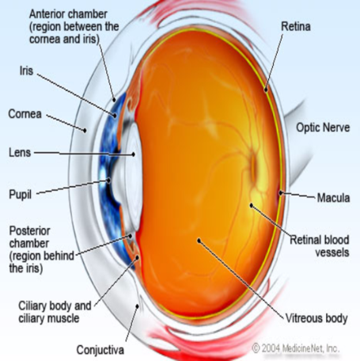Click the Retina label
pos(296,26)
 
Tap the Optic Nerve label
pos(323,127)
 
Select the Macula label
pos(333,198)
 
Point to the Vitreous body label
pos(316,318)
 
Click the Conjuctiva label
pos(100,350)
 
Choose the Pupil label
pos(21,195)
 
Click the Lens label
pos(20,153)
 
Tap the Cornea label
pos(25,114)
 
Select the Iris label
pos(26,70)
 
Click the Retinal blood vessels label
pos(320,246)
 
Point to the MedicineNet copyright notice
pos(295,348)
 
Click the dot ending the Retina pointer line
pos(266,90)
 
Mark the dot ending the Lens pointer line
pos(134,154)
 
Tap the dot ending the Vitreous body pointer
pos(199,241)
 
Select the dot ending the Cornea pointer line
pos(85,130)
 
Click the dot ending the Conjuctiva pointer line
pos(137,306)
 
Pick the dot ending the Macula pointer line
pos(281,193)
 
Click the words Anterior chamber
pos(68,14)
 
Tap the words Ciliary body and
pos(55,306)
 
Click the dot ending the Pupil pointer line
pos(108,180)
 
